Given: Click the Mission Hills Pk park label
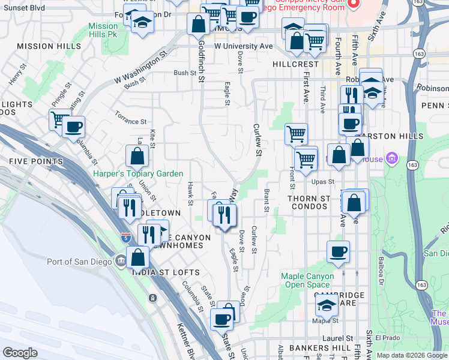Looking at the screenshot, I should click(x=103, y=30).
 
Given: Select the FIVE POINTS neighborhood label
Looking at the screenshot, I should click(x=35, y=161).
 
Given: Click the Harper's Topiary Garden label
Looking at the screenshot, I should click(x=138, y=173).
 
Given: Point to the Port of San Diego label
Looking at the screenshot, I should click(x=80, y=261).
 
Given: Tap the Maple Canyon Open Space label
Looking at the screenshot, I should click(x=306, y=280).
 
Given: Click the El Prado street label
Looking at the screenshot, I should click(x=387, y=338).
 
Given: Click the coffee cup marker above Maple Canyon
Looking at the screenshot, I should click(x=338, y=251).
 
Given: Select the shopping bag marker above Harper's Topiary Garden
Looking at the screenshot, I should click(x=137, y=157).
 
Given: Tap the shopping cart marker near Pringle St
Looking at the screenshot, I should click(x=59, y=119).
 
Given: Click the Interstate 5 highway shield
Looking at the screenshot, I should click(x=126, y=238).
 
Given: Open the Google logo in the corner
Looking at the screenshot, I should click(x=20, y=353).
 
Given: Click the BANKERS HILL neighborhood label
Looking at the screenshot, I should click(x=310, y=348).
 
